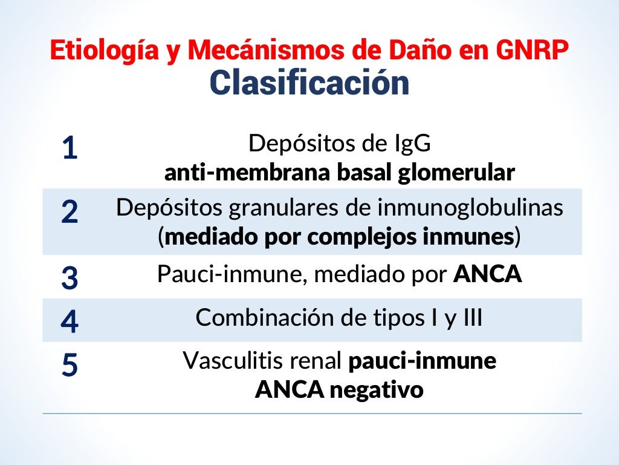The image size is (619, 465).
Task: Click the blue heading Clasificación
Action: (309, 83)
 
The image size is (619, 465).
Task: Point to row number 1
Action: (70, 148)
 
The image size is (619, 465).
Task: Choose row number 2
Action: (70, 211)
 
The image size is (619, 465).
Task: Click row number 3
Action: (70, 277)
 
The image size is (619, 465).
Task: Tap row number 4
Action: (70, 321)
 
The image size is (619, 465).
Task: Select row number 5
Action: (70, 365)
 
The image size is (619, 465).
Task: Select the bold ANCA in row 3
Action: (487, 274)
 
